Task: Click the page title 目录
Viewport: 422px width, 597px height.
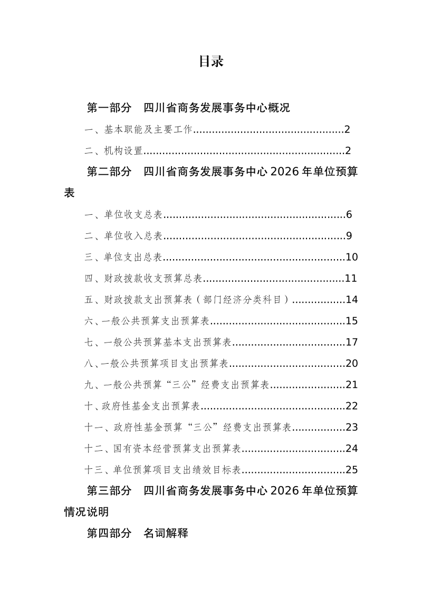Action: click(211, 62)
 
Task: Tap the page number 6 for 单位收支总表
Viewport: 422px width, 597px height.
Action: click(349, 215)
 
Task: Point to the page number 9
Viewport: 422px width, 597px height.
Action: click(349, 236)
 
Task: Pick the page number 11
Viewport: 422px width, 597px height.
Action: click(352, 279)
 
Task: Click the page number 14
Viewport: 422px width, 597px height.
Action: click(352, 300)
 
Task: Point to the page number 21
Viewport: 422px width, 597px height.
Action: click(352, 385)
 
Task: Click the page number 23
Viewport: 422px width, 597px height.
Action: click(352, 427)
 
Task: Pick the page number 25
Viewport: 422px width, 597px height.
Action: click(352, 470)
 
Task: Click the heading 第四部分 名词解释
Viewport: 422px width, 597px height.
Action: click(137, 533)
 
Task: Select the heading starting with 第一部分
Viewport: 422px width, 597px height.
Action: click(188, 108)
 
